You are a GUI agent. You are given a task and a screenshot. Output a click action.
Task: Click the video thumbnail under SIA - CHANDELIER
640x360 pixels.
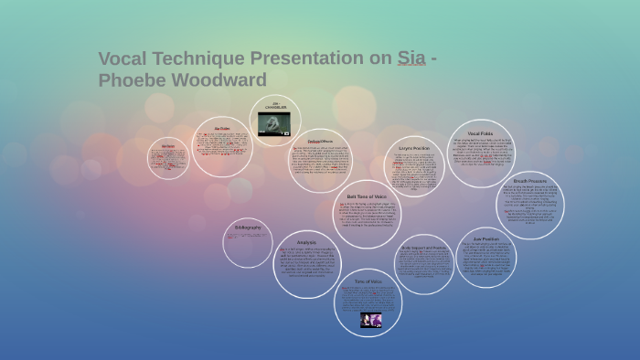point(275,124)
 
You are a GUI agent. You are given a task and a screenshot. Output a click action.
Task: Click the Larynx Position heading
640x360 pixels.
point(414,147)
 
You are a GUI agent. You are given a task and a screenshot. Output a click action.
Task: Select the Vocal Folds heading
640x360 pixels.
point(480,133)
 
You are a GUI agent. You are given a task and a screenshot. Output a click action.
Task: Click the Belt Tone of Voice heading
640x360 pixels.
point(367,196)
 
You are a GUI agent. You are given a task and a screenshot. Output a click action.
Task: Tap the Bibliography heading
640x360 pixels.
point(248,227)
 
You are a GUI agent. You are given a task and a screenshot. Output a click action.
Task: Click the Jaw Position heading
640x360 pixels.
point(492,240)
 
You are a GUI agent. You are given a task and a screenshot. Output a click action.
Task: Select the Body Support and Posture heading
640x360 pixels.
point(423,248)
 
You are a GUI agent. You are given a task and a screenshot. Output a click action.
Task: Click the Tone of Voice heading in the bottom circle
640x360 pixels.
point(368,281)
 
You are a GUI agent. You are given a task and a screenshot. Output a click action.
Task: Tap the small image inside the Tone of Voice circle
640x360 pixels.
point(371,320)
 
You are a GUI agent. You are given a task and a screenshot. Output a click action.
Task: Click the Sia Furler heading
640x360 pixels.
point(222,128)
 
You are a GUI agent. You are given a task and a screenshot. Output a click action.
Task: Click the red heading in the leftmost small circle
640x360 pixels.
point(168,146)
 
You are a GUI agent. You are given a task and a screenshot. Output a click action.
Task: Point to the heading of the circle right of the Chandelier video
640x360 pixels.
point(320,142)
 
